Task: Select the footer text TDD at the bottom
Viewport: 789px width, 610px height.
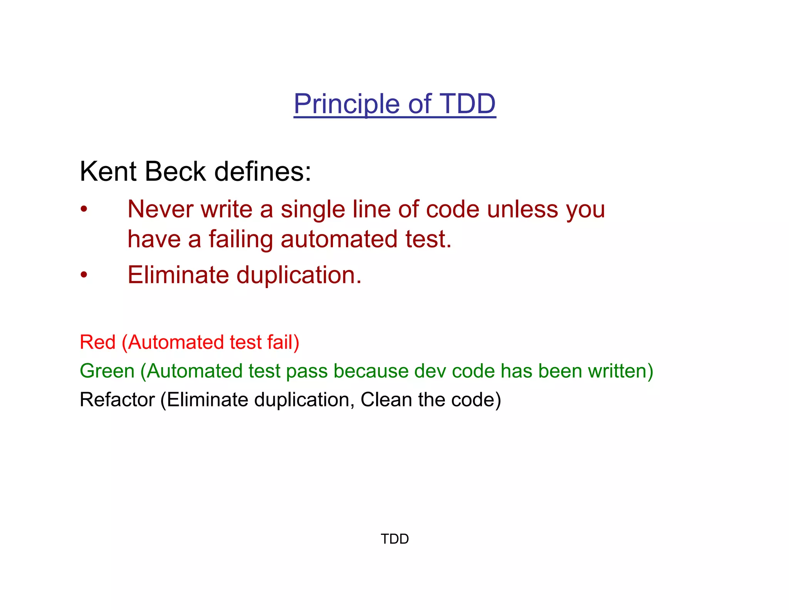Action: [394, 539]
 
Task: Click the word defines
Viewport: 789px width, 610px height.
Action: [262, 171]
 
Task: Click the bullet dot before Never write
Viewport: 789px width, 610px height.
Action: [84, 210]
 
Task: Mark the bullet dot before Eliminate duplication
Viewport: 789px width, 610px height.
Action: [84, 275]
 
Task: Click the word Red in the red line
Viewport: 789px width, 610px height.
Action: [97, 342]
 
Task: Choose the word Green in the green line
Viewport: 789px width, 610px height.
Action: [107, 371]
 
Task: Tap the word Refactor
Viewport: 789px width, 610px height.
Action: [117, 399]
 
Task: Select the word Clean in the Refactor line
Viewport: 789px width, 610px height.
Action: [386, 399]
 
